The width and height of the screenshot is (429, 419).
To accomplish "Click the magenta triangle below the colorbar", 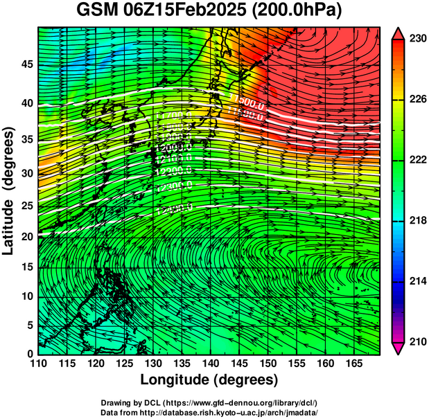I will pos(399,348).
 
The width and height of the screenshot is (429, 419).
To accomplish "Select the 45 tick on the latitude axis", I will pos(26,64).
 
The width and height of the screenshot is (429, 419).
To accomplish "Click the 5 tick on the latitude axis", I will pos(28,325).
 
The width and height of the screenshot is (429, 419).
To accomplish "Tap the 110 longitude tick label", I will pos(39,364).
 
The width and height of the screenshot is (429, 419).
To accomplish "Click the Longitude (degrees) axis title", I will pos(209,380).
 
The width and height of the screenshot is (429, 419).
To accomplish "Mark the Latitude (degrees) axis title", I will pos(10,191).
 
